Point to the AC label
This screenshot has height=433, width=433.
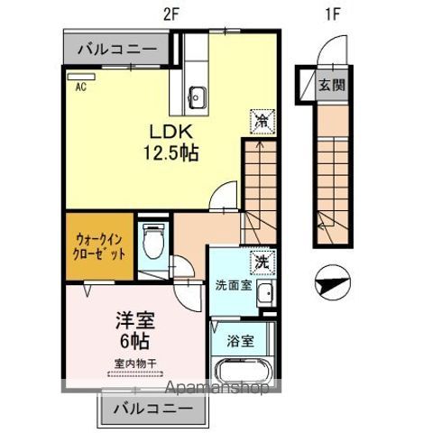80,88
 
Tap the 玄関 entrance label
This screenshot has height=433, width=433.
332,86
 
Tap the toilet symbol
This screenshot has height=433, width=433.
154,238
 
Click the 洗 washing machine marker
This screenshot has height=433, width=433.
261,261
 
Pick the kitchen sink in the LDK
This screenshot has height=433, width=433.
199,94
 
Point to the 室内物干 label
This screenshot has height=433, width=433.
135,364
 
